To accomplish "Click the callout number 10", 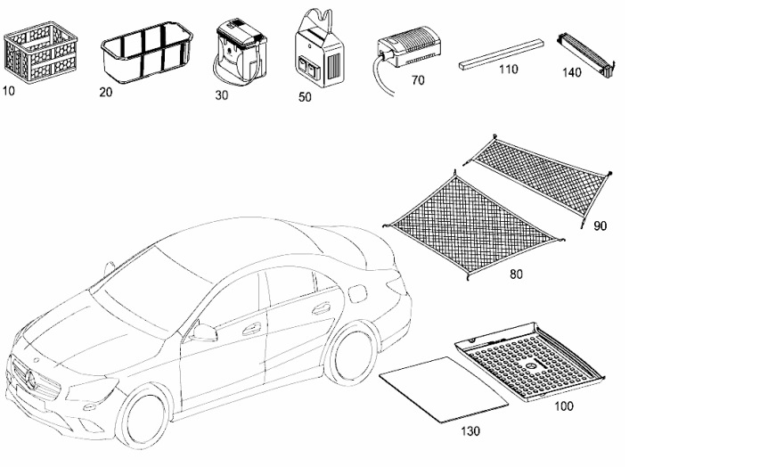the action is point(9,91).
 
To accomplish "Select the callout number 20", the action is point(106,92).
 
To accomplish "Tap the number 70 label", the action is point(417,80).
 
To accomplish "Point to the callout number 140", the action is point(571,72).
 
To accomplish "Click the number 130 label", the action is point(470,430).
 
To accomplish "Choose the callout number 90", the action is point(600,226).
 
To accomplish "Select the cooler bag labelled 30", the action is point(240,53).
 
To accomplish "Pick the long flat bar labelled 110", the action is point(501,54).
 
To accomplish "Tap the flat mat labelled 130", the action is point(444,389).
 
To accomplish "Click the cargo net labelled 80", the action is point(473,225).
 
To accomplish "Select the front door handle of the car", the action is point(251,329).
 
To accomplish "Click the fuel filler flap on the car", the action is point(357,294).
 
